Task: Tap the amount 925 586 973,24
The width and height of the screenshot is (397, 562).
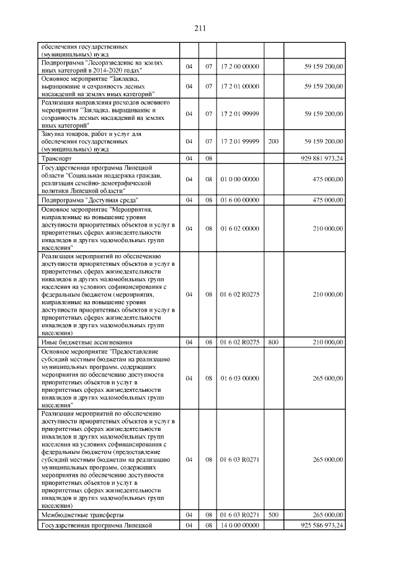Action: coord(321,525)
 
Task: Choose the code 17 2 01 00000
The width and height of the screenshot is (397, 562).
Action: coord(239,86)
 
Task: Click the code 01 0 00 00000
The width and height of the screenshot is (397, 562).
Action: coord(239,179)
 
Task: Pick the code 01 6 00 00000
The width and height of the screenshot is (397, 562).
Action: coord(239,200)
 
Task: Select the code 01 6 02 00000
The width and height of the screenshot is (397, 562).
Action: coord(239,229)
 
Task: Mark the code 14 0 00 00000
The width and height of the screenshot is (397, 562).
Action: coord(239,525)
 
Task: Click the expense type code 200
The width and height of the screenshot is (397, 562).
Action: coord(273,142)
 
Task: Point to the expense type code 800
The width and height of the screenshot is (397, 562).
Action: coord(273,342)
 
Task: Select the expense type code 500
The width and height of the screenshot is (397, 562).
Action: coord(273,515)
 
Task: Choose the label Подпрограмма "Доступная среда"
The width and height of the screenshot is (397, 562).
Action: coord(89,200)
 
